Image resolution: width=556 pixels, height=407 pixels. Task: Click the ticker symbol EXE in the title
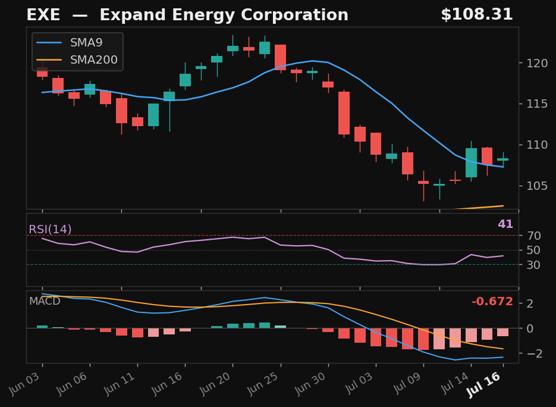[x=43, y=15]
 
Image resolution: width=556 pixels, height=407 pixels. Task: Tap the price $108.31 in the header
[x=477, y=14]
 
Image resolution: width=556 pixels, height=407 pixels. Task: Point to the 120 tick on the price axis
[x=537, y=63]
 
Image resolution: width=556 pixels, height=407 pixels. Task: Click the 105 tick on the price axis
[x=537, y=186]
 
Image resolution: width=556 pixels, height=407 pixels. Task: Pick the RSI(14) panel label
[x=50, y=229]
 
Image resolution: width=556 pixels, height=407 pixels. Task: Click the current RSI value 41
[x=505, y=224]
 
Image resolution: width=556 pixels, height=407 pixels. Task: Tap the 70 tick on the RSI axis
[x=533, y=236]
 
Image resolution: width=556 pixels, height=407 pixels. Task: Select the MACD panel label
[x=45, y=301]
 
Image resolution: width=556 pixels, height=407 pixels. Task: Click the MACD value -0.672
[x=492, y=301]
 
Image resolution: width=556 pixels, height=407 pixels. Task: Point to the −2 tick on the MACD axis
[x=535, y=353]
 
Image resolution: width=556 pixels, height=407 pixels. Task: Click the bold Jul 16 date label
[x=483, y=385]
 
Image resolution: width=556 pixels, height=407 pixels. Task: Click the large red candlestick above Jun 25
[x=280, y=57]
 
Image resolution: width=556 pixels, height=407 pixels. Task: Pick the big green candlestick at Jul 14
[x=471, y=162]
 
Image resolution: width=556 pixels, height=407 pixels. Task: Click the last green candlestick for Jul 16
[x=503, y=159]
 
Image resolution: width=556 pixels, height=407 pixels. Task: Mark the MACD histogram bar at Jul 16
[x=503, y=332]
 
